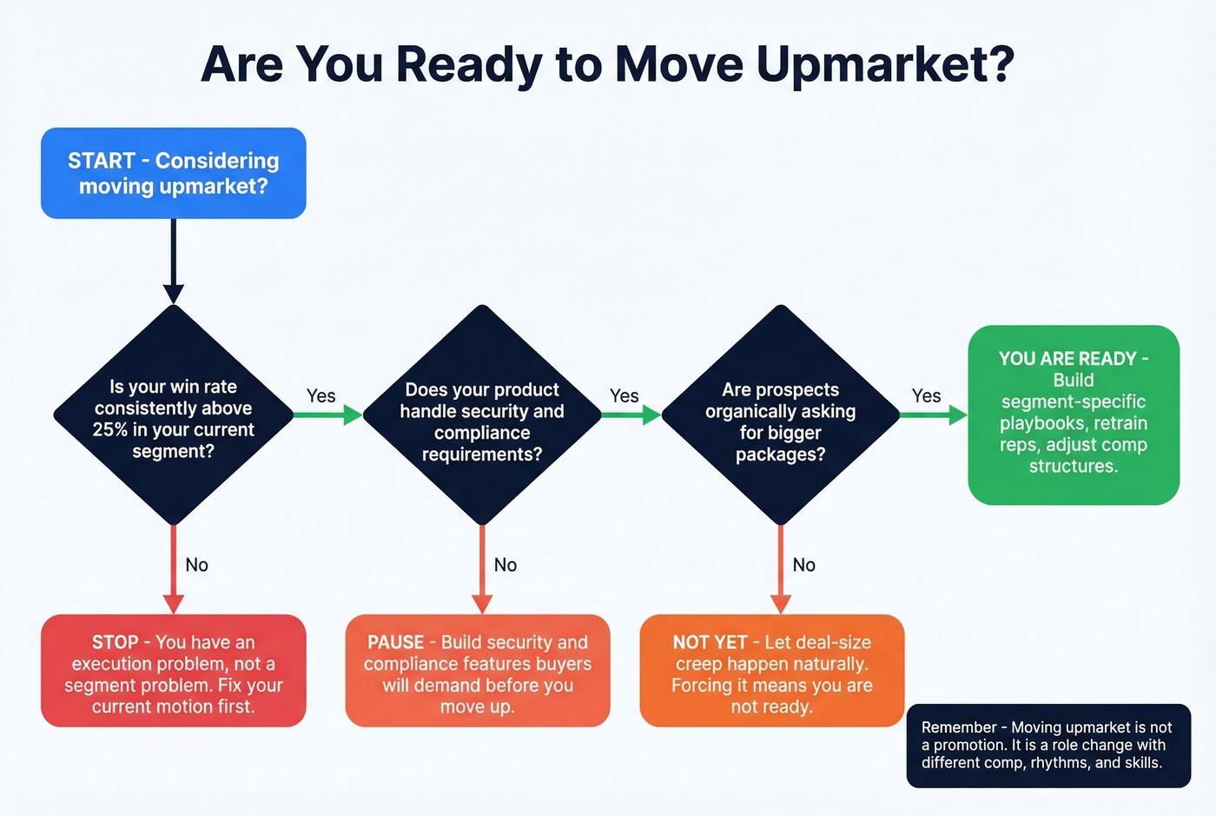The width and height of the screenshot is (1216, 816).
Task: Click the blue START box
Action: (174, 173)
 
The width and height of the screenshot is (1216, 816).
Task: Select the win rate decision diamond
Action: (174, 415)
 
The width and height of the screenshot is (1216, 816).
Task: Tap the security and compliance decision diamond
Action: (482, 415)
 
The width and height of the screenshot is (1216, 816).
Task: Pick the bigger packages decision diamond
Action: (781, 415)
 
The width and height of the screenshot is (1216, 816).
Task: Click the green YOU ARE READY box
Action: (1074, 415)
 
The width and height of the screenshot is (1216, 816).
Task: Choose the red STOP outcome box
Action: (174, 671)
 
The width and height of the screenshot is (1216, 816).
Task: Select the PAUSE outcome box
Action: (478, 671)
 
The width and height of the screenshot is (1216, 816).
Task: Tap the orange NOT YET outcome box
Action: (772, 671)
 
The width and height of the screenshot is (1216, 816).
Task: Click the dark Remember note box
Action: (1048, 746)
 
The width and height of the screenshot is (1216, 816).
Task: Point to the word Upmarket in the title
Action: (885, 63)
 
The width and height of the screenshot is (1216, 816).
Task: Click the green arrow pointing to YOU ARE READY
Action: (934, 415)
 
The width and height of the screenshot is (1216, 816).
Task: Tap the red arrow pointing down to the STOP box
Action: (174, 569)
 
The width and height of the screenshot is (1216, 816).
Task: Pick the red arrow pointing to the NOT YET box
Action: (781, 569)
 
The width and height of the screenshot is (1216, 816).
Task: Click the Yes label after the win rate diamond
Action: (321, 395)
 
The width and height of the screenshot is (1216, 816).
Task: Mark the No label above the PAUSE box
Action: (506, 565)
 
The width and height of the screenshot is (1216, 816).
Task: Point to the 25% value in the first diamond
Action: (109, 429)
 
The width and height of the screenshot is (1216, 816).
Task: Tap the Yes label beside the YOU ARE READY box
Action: (926, 395)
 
